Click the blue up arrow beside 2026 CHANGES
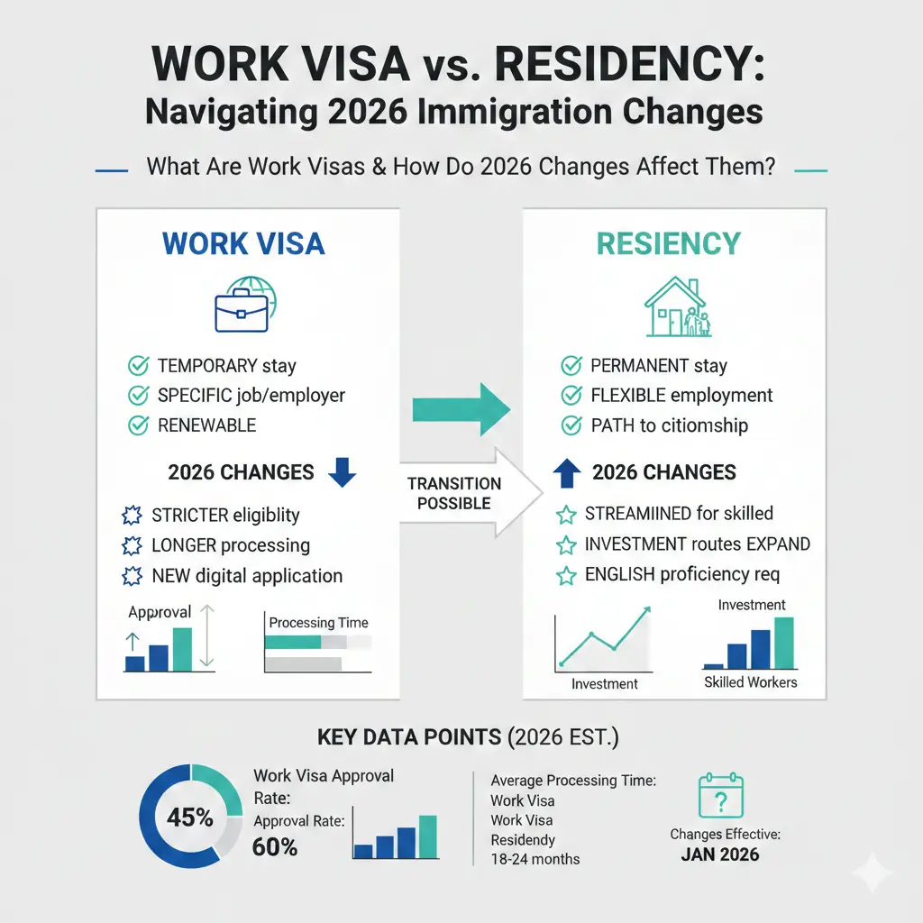565,471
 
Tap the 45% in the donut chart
190,818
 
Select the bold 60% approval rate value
276,846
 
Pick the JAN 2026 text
720,854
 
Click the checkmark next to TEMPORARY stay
138,366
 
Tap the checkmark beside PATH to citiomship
571,425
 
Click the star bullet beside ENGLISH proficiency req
566,574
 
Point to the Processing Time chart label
318,622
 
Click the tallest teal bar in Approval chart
182,650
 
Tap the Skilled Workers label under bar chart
750,682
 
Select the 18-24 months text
535,859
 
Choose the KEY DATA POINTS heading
409,736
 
